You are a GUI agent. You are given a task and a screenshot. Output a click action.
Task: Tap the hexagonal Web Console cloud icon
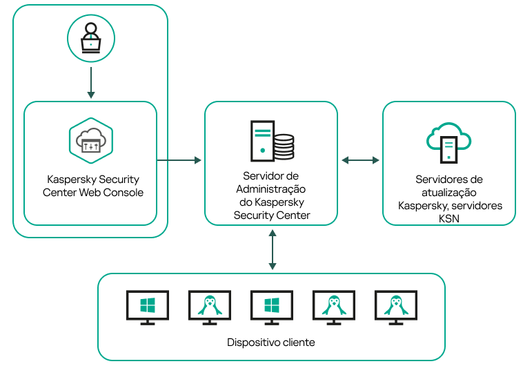(90, 140)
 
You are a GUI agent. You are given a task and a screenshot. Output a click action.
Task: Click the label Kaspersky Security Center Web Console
(92, 185)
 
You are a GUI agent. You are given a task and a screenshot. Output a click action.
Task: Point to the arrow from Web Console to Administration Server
(179, 160)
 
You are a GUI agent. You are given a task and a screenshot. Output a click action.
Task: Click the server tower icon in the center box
(261, 140)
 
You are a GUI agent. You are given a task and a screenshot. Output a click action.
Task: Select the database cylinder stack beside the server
(284, 147)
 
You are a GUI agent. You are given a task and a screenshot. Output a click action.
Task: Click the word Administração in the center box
(271, 189)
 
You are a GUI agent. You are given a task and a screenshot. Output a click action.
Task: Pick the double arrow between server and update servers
(360, 160)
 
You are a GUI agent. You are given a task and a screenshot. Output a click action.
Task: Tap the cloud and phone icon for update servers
(448, 142)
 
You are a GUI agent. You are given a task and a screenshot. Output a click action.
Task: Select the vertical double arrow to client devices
(273, 249)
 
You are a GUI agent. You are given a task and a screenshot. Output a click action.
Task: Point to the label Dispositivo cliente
(271, 343)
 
